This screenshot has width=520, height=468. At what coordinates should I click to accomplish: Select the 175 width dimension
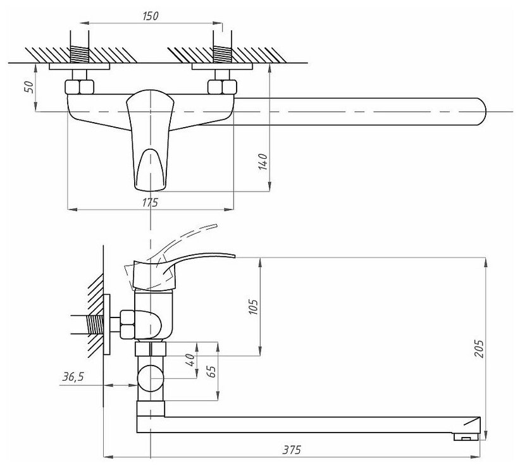tap(149, 202)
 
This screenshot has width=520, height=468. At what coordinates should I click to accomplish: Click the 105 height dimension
tap(254, 307)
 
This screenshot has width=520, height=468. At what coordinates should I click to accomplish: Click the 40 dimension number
tap(190, 360)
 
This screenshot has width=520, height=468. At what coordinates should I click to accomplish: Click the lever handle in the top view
tap(149, 136)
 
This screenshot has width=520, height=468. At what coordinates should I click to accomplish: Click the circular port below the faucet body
tap(151, 378)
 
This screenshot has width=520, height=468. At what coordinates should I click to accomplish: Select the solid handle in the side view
tap(190, 261)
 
